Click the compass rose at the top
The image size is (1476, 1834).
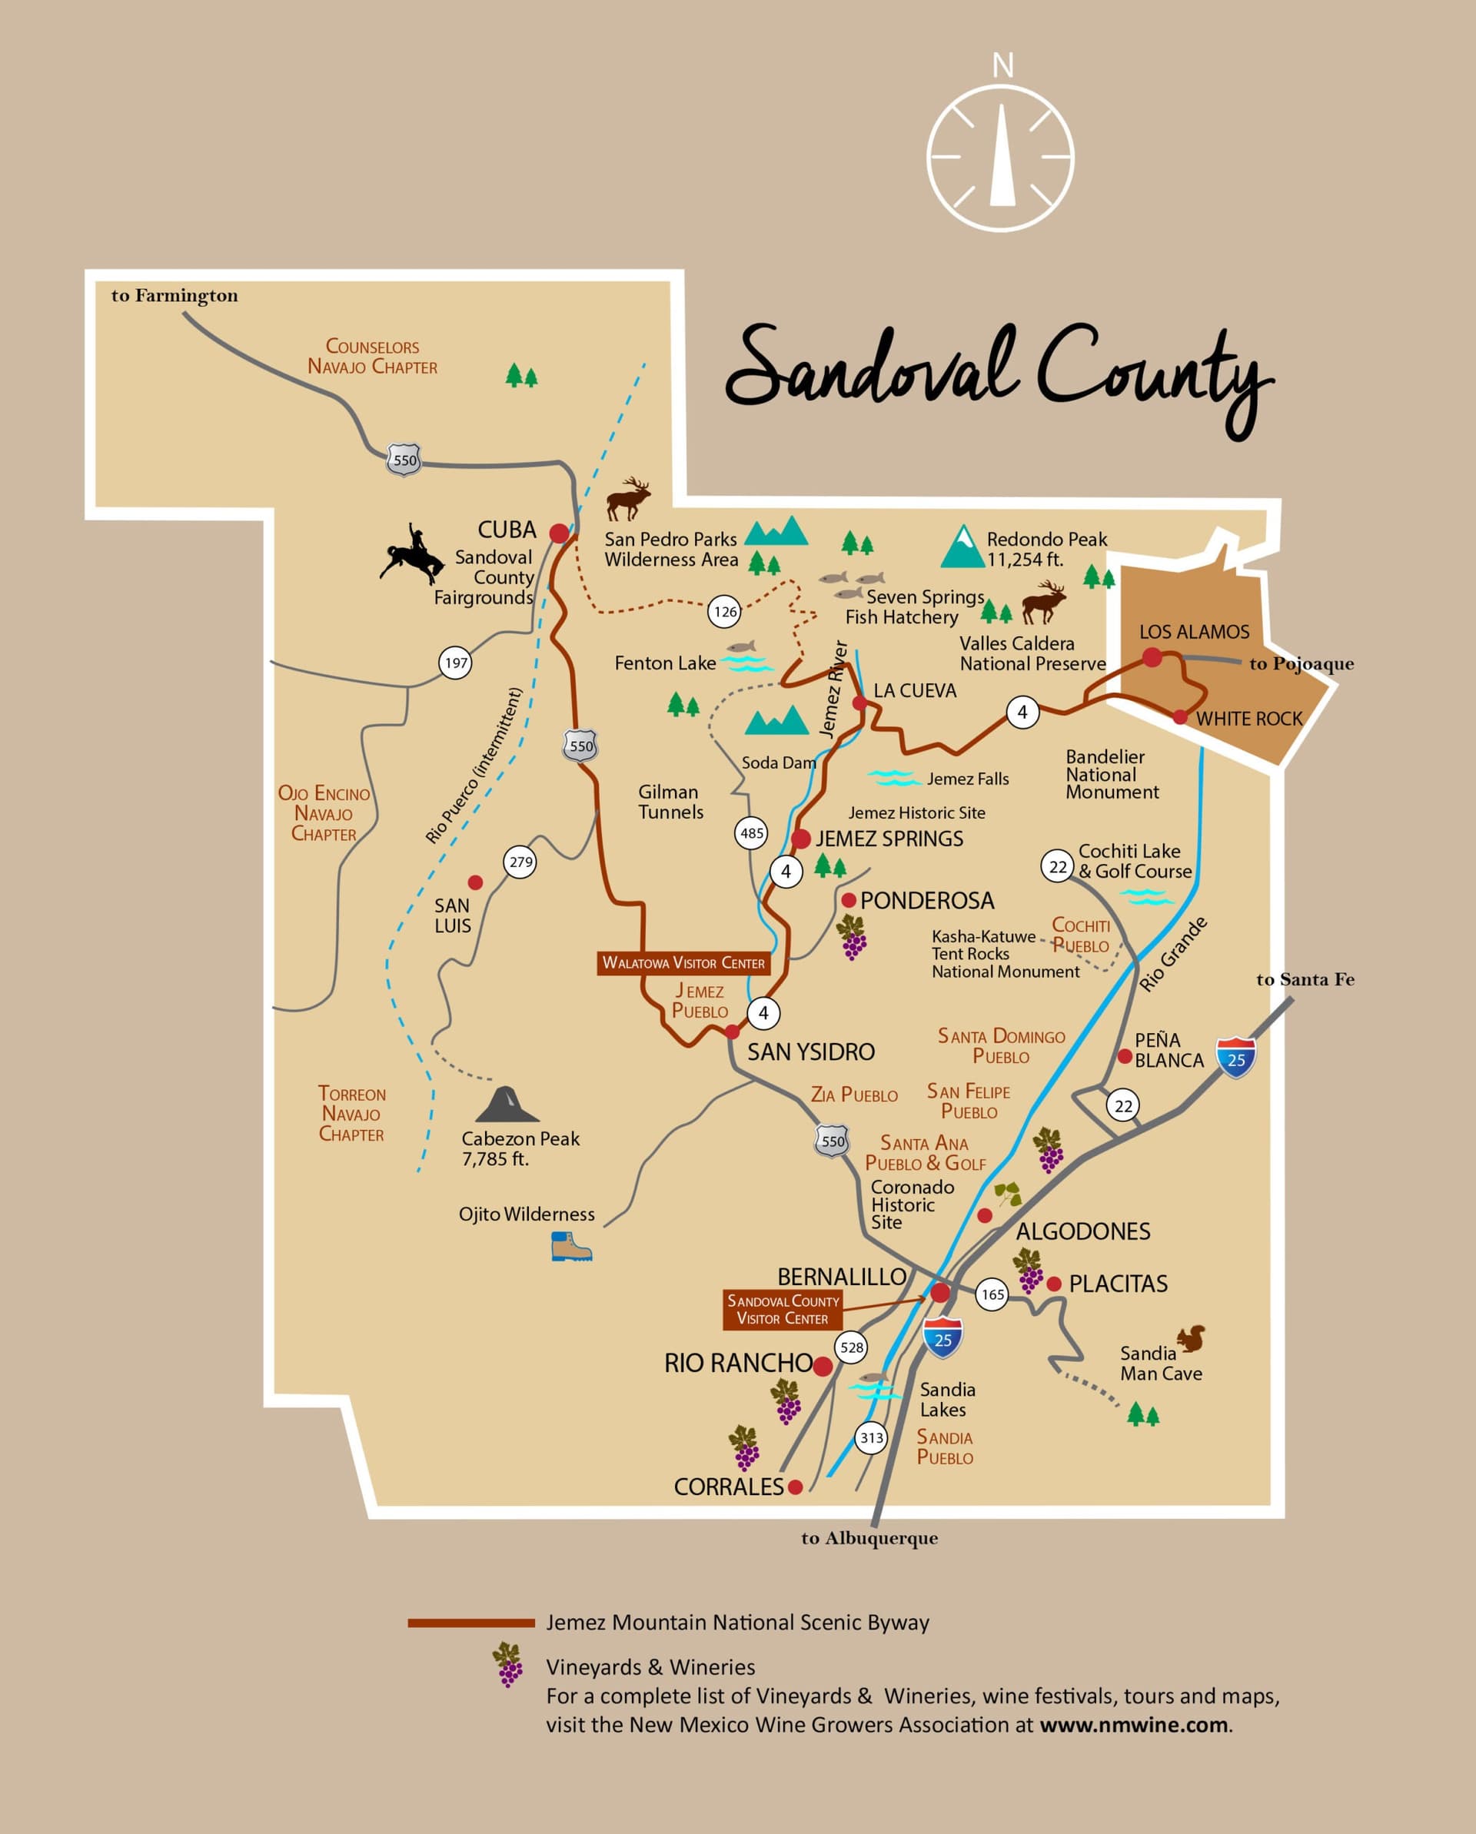[1000, 158]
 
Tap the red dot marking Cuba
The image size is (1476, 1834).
[559, 533]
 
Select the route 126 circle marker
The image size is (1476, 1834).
[724, 611]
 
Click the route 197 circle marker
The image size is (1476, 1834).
[456, 663]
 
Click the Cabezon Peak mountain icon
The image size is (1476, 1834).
[507, 1105]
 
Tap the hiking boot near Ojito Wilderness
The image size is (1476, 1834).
[571, 1247]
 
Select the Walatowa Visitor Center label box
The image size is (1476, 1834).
[683, 963]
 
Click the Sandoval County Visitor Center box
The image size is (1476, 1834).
[782, 1310]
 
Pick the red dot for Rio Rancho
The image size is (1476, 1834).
[823, 1366]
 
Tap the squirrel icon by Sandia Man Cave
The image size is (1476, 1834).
[1191, 1339]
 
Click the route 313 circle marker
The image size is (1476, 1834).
[871, 1437]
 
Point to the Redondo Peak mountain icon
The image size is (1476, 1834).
[962, 547]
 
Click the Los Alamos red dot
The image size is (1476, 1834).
[1152, 656]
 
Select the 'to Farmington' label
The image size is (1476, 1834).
[175, 295]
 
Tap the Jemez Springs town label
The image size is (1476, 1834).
[889, 839]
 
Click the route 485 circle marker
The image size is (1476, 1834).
[751, 832]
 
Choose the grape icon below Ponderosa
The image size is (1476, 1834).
[852, 938]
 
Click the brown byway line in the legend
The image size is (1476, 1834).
[470, 1623]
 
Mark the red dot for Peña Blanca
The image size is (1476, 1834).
[1125, 1056]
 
